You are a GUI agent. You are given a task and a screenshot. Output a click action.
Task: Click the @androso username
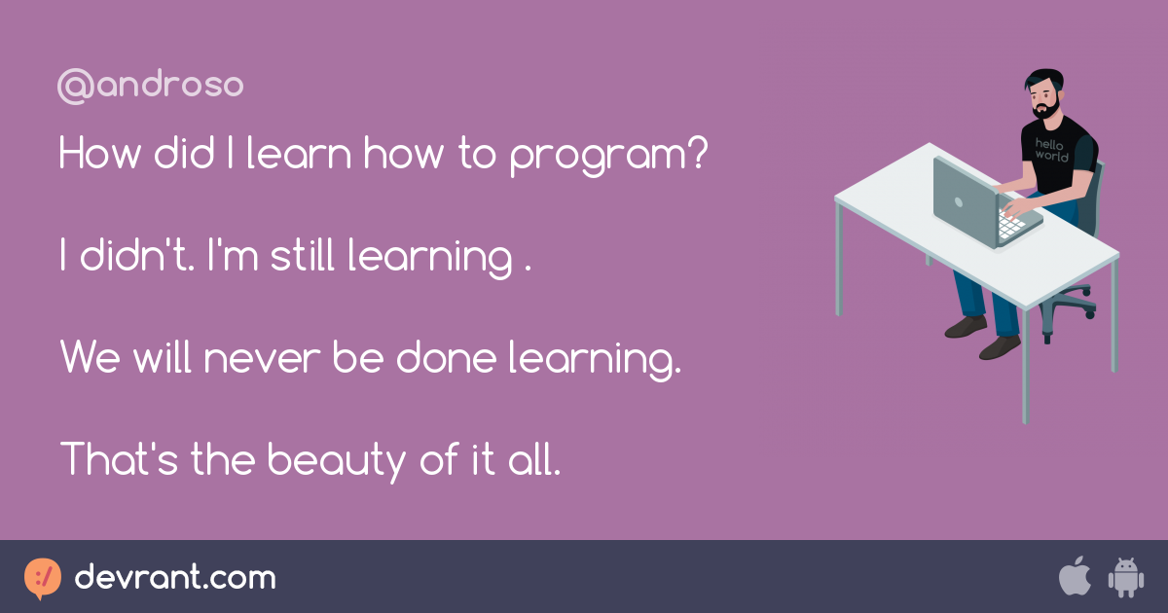tap(150, 85)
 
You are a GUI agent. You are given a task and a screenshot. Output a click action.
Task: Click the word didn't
tap(137, 254)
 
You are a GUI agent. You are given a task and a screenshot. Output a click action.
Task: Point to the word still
tap(303, 254)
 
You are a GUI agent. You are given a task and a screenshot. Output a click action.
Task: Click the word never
tap(262, 360)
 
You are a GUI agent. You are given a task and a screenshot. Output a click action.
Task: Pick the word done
tap(447, 356)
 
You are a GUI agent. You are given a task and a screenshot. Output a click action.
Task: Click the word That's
tap(120, 458)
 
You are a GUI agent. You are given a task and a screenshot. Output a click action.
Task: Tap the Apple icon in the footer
tap(1075, 576)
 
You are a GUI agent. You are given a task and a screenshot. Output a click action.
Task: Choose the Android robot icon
tap(1126, 578)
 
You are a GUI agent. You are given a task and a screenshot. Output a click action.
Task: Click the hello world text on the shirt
tap(1050, 150)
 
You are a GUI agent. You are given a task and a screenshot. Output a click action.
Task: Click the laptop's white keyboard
tap(1011, 224)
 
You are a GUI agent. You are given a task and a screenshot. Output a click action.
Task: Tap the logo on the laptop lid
tap(959, 202)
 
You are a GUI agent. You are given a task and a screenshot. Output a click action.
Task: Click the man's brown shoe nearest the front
tap(1000, 347)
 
